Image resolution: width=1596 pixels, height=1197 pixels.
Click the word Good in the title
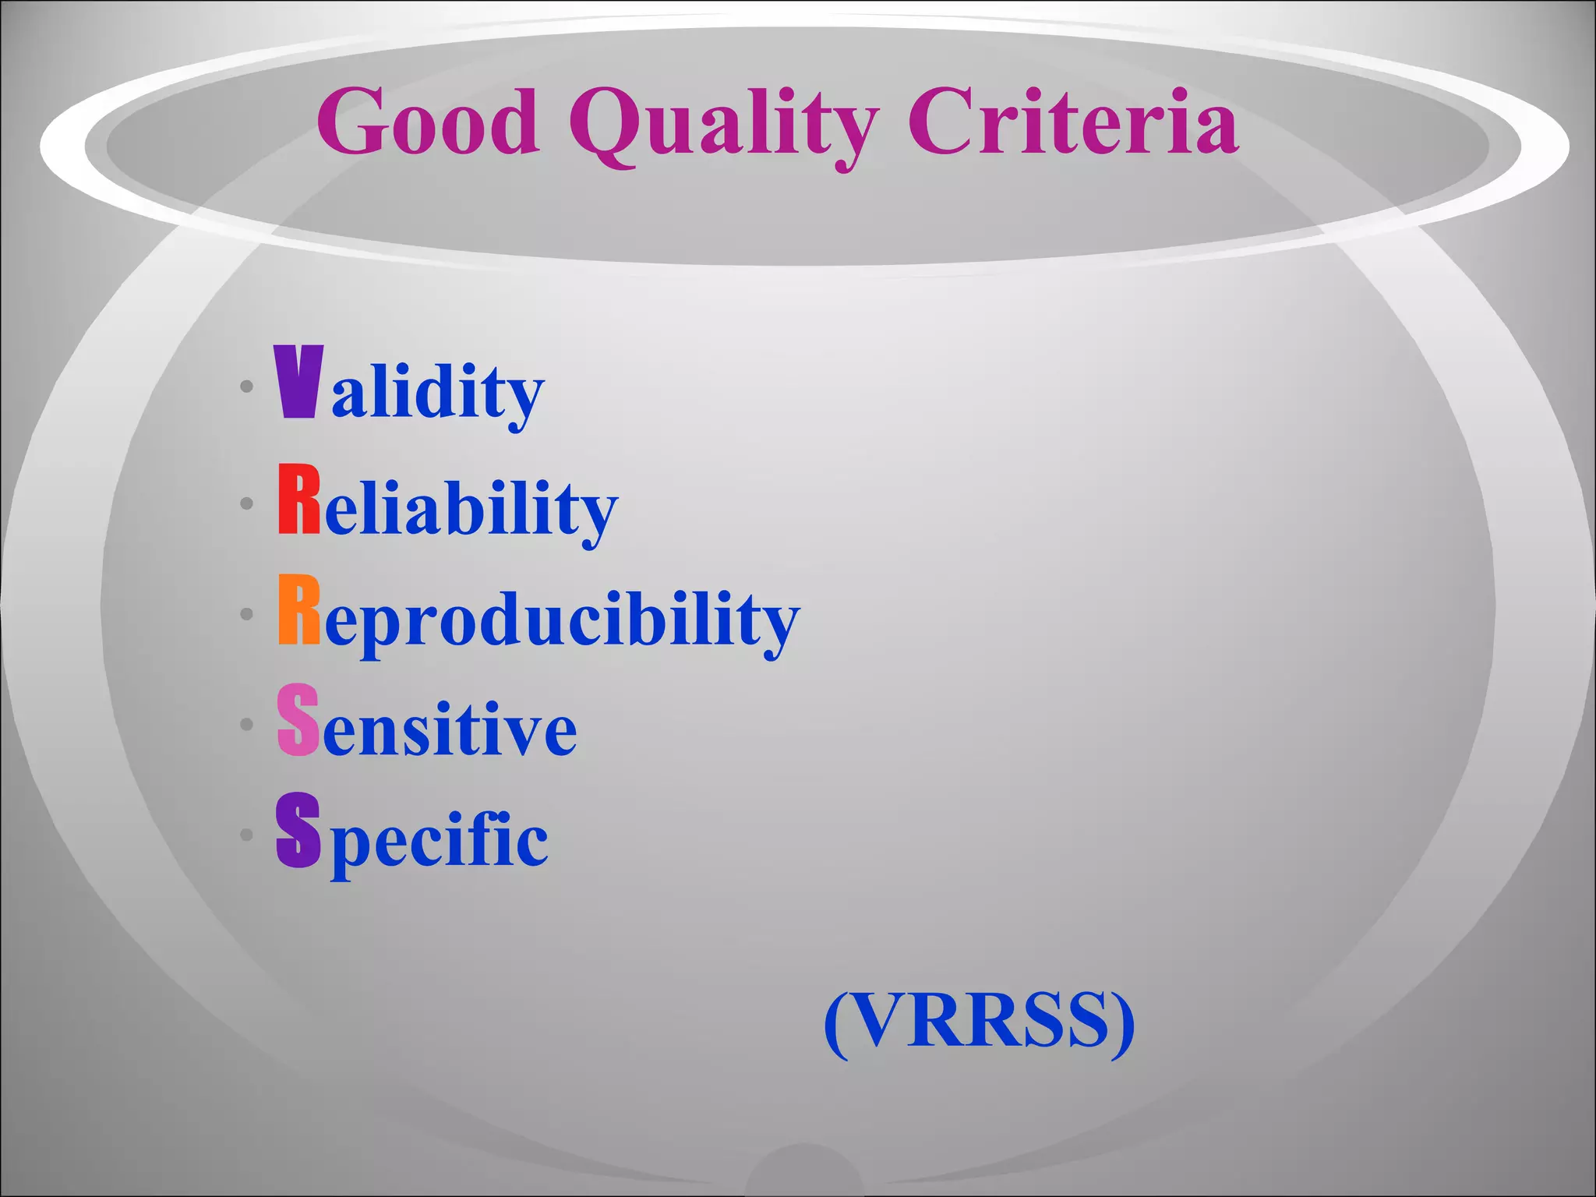pos(428,122)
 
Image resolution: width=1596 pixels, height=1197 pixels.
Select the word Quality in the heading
pos(724,125)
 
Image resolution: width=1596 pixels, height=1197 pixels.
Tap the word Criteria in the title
pos(1073,122)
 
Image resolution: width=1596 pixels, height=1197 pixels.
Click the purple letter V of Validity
pos(298,383)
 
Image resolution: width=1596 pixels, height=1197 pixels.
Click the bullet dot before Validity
pos(247,387)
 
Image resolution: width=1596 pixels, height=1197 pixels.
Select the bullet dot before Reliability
pos(247,504)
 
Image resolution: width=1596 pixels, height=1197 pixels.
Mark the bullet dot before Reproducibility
pos(247,614)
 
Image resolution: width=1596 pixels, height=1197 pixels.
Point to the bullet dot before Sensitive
pos(247,725)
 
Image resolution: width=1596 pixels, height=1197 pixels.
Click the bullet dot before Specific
pos(247,835)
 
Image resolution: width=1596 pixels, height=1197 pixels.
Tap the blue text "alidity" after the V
pos(437,392)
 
